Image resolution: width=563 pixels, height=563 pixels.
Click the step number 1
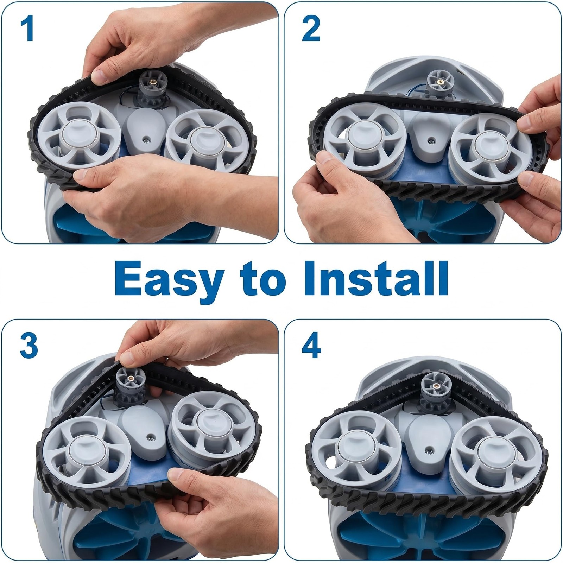pos(27,30)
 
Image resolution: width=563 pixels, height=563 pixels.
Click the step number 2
pos(311,30)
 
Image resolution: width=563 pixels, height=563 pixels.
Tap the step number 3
pos(29,345)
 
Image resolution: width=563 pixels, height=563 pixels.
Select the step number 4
pos(311,345)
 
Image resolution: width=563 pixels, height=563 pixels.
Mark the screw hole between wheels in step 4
pos(430,450)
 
